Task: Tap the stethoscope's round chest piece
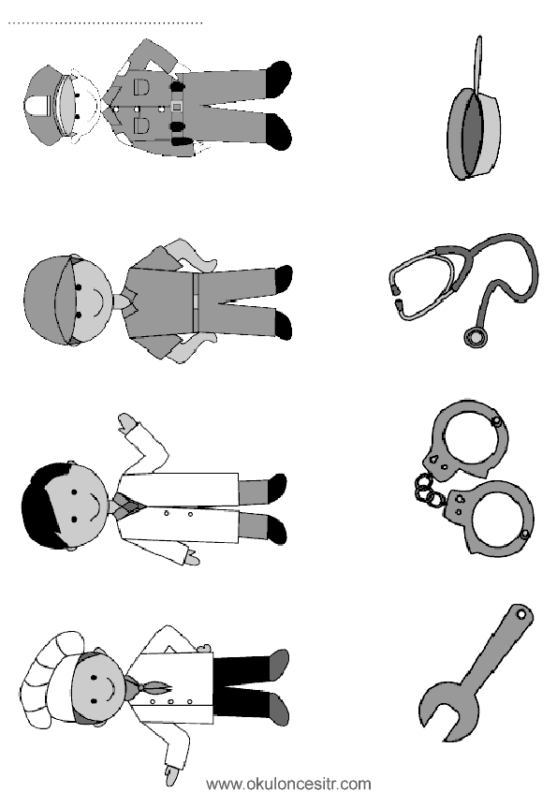pos(476,337)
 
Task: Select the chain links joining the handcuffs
pos(425,490)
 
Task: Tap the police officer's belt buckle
pos(176,107)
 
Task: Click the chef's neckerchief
pos(148,686)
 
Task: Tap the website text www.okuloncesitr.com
pos(289,784)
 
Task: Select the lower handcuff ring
pos(490,519)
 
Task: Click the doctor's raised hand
pos(128,423)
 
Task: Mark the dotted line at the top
pos(105,22)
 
